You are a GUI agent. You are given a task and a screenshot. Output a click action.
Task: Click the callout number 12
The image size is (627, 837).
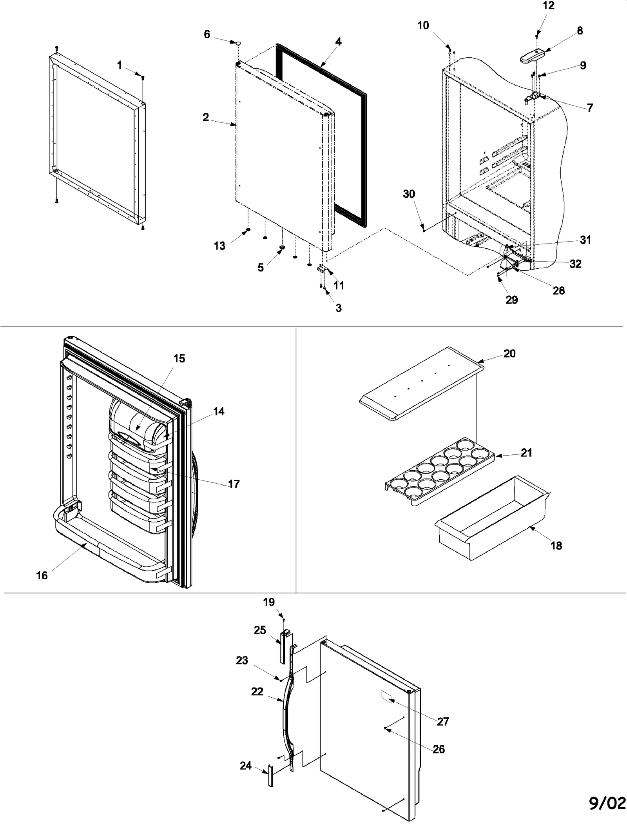[549, 6]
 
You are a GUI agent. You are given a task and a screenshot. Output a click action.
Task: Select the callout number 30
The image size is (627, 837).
[409, 194]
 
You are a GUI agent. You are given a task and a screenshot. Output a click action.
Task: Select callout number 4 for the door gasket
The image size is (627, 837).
[338, 42]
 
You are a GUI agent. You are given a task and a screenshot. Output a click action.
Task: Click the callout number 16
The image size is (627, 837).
[42, 575]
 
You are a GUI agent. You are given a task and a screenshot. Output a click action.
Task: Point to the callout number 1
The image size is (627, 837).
[120, 65]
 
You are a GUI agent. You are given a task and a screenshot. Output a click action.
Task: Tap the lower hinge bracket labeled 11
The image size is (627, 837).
[321, 269]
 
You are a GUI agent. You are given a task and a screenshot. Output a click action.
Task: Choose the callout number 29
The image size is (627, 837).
[511, 300]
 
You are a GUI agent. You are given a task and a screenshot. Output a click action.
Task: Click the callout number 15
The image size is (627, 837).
[179, 358]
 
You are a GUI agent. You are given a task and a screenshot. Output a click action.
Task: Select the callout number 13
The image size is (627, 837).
[219, 246]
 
